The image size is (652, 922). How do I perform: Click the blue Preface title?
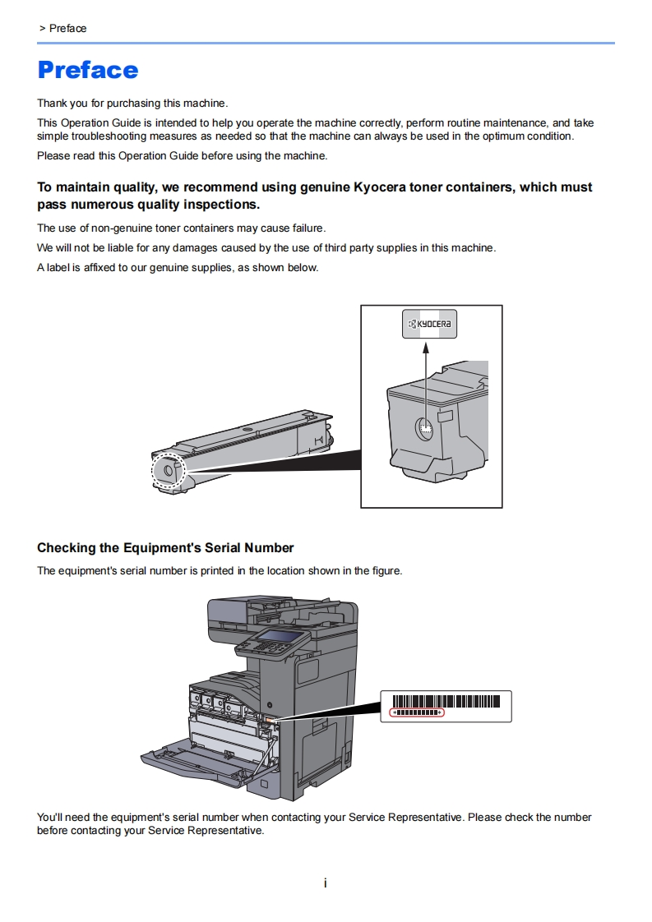point(88,70)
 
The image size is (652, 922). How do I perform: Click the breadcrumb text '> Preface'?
point(62,28)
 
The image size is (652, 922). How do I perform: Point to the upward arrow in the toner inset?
point(426,378)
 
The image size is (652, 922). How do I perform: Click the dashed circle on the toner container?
point(169,471)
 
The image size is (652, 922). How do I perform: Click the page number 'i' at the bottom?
point(326,883)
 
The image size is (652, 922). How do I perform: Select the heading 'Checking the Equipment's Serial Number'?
point(165,548)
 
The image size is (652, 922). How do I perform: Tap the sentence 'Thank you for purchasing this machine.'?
point(132,104)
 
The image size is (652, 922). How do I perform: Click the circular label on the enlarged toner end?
point(424,428)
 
